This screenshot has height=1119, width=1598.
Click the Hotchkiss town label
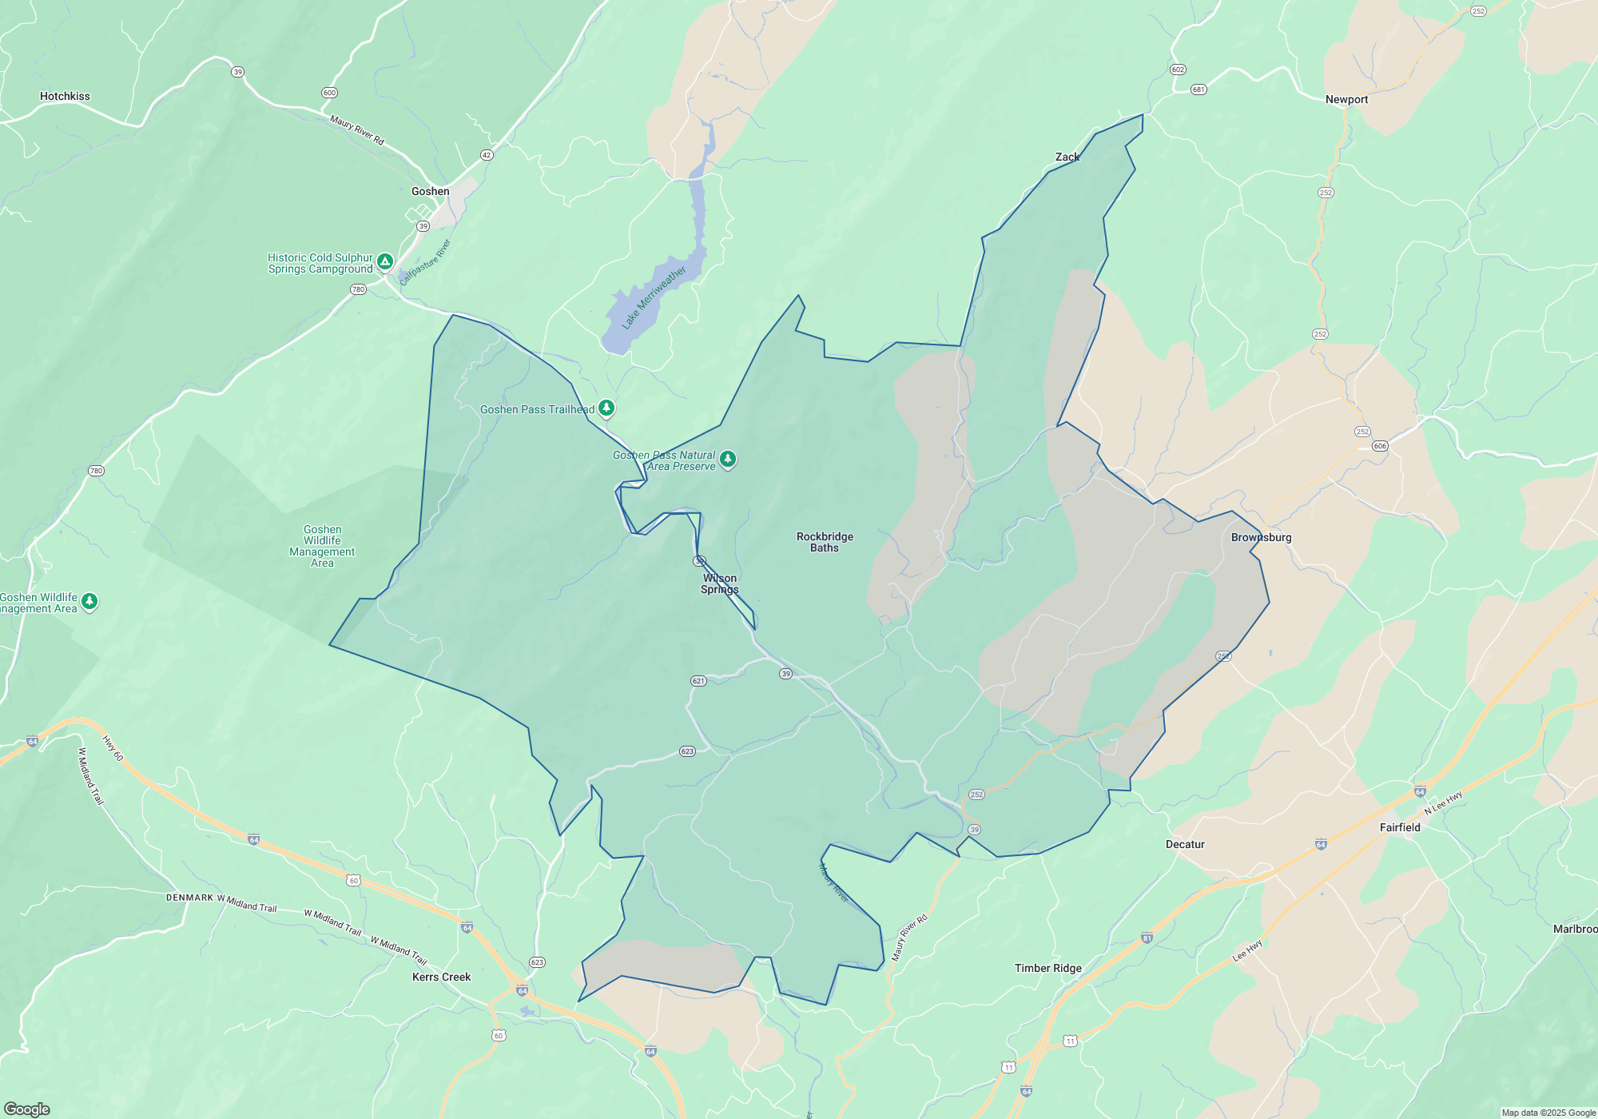coord(65,97)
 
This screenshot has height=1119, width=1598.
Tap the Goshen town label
coord(430,192)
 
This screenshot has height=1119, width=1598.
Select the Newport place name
coord(1346,100)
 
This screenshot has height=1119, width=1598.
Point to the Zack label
coord(1067,157)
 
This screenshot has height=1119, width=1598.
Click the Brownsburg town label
coord(1261,538)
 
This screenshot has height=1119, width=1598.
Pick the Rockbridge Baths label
coord(825,543)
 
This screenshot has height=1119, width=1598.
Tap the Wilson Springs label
coord(720,584)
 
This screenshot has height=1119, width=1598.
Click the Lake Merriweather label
coord(654,297)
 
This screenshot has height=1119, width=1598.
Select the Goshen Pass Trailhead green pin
coord(606,409)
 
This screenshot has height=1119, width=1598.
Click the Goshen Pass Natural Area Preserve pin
coord(727,460)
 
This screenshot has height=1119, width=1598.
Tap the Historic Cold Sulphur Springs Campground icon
coord(385,262)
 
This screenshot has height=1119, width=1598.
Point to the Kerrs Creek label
coord(441,978)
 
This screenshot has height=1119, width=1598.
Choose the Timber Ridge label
coord(1047,969)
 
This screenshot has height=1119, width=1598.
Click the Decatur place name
coord(1184,845)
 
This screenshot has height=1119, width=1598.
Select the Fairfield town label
coord(1399,828)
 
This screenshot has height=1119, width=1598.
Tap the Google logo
coord(26,1109)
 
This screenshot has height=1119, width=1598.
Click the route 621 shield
coord(698,681)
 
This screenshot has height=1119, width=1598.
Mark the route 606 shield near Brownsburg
coord(1380,446)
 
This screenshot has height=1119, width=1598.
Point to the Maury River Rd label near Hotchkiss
coord(357,130)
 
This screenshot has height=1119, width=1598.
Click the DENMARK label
coord(189,898)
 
